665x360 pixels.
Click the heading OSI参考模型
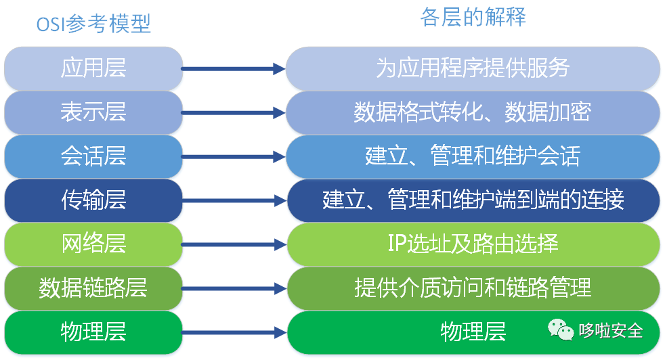click(x=93, y=25)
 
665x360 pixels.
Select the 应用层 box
click(x=93, y=68)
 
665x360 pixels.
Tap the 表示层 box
click(x=93, y=112)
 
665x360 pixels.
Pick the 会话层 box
click(x=93, y=156)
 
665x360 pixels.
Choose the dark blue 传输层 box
click(x=93, y=200)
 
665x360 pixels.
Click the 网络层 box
click(x=93, y=244)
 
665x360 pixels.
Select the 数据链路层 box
click(x=93, y=288)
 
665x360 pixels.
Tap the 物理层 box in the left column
click(x=93, y=332)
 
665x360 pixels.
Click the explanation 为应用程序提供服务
click(x=473, y=68)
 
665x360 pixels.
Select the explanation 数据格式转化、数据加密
click(x=473, y=112)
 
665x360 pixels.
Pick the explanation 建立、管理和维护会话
click(x=473, y=156)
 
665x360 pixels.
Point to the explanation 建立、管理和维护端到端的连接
click(x=473, y=200)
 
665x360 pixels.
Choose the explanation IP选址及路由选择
click(x=473, y=244)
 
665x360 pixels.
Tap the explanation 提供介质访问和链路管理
click(x=473, y=288)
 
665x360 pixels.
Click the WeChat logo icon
click(x=561, y=331)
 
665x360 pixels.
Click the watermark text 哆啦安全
click(x=611, y=331)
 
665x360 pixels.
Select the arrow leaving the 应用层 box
click(x=234, y=68)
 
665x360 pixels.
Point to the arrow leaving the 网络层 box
click(x=234, y=244)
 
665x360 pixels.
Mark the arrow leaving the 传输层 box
click(x=234, y=200)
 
